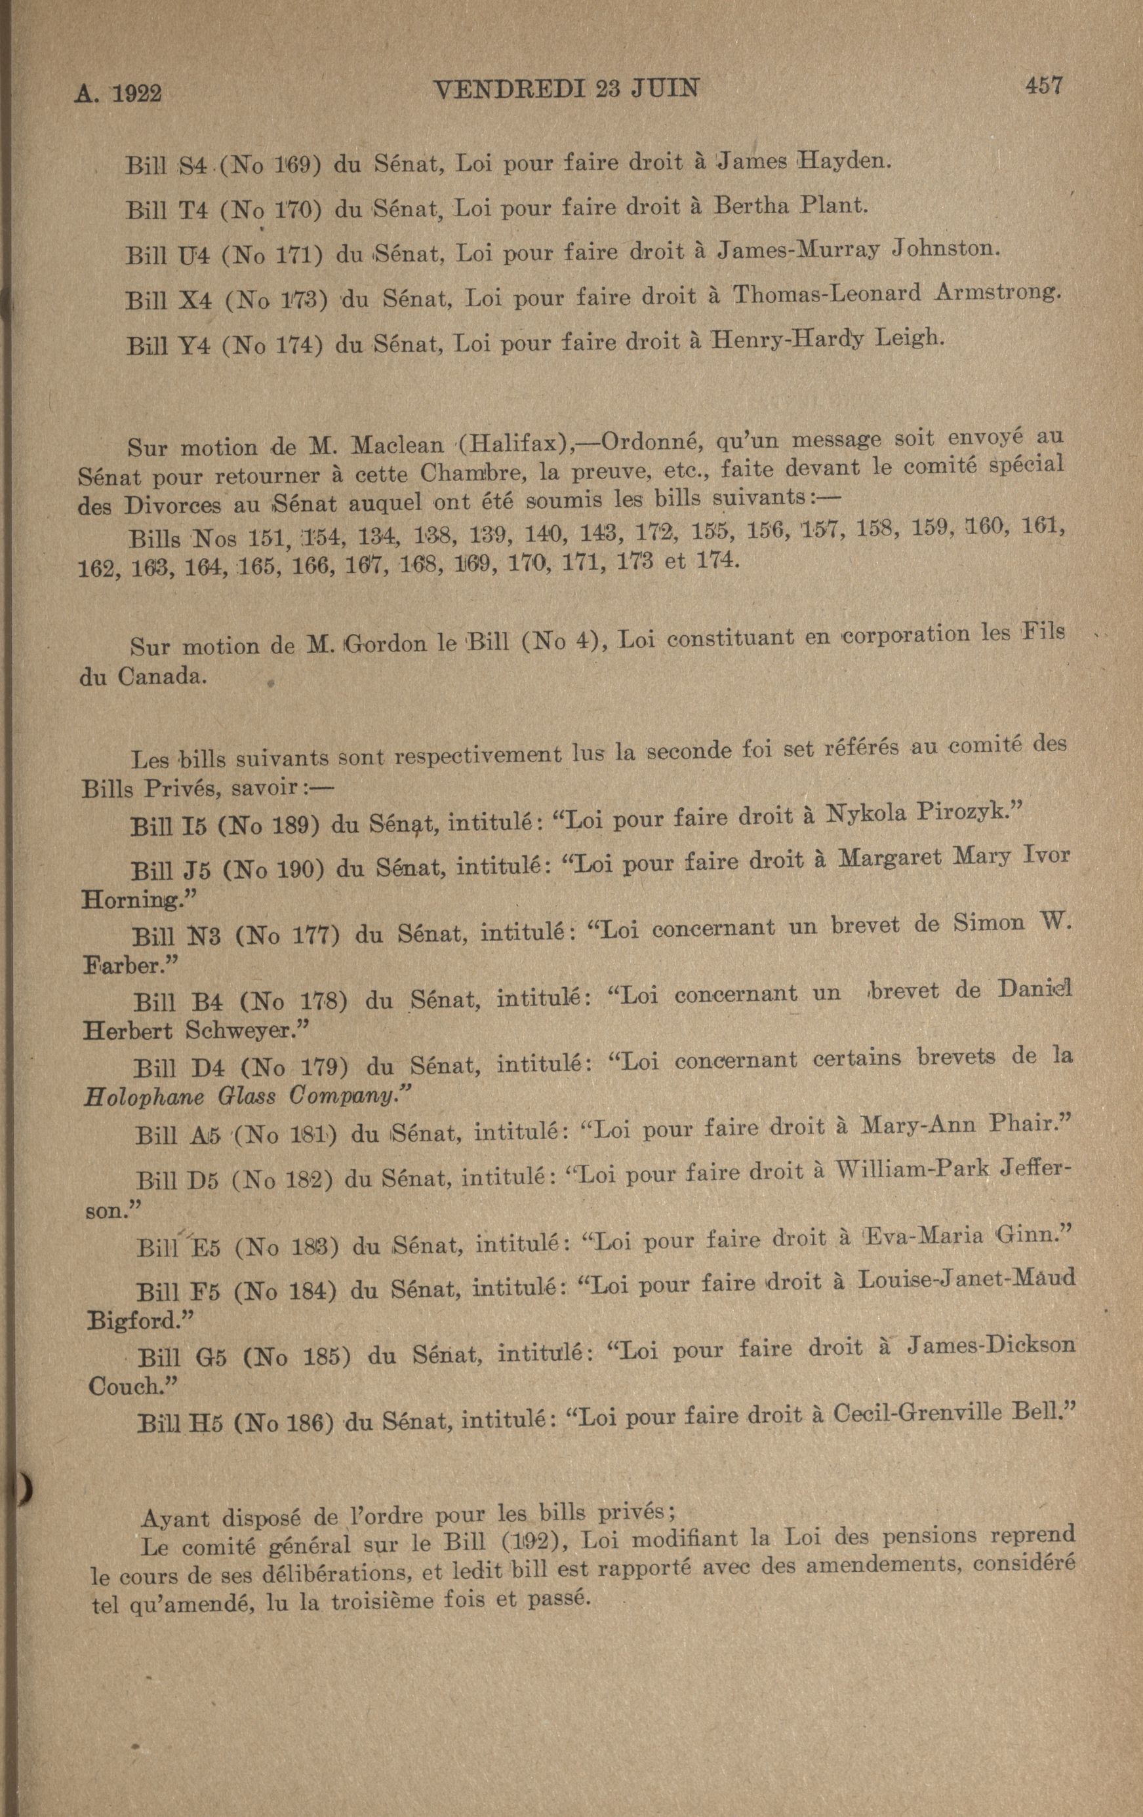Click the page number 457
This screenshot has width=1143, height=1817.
click(x=1043, y=85)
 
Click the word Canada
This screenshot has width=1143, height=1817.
click(x=159, y=676)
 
